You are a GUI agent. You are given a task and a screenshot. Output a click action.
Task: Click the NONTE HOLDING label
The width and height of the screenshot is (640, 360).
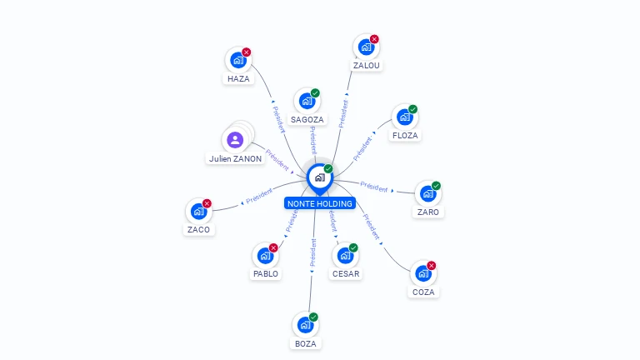(x=320, y=203)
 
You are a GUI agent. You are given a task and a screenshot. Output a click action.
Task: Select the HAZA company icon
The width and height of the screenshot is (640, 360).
(x=238, y=60)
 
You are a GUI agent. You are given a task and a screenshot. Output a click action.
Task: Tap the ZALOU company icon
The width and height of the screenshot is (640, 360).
(x=365, y=47)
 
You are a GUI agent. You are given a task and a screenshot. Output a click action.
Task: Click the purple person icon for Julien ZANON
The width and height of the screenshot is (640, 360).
(x=235, y=140)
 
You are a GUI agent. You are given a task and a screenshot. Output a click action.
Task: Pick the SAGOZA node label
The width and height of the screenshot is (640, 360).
(x=307, y=119)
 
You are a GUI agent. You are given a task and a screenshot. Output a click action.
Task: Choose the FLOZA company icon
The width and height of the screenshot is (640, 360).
(x=404, y=117)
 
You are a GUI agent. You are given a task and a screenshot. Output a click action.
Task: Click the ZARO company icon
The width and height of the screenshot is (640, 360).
(x=427, y=194)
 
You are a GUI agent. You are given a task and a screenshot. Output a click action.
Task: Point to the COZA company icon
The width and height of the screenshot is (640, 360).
(x=423, y=273)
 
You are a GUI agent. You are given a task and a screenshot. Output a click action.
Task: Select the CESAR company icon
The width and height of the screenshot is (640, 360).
(x=345, y=256)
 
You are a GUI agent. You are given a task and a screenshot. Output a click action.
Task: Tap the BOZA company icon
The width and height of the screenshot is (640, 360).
(x=306, y=325)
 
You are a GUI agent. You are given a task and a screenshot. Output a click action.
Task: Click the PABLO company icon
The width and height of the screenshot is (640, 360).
(x=265, y=256)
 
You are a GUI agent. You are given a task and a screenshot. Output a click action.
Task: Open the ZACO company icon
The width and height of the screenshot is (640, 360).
(x=198, y=212)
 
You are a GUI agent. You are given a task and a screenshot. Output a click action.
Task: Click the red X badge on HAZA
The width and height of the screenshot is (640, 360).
(x=247, y=52)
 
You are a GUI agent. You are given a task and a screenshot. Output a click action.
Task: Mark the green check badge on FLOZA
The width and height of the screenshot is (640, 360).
(x=413, y=109)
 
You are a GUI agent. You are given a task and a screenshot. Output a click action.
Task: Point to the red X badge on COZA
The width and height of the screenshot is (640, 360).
(x=432, y=266)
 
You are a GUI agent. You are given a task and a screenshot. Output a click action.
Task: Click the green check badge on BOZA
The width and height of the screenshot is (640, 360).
(x=314, y=317)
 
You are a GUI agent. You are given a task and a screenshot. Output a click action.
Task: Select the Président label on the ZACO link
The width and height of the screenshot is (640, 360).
(x=260, y=197)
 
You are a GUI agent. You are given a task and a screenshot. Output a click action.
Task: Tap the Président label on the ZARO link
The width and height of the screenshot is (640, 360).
(x=374, y=187)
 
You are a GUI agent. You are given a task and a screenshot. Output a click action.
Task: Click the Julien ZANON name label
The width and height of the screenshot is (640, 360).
(x=235, y=158)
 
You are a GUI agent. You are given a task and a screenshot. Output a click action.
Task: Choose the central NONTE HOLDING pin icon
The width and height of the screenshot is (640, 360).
(x=319, y=177)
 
